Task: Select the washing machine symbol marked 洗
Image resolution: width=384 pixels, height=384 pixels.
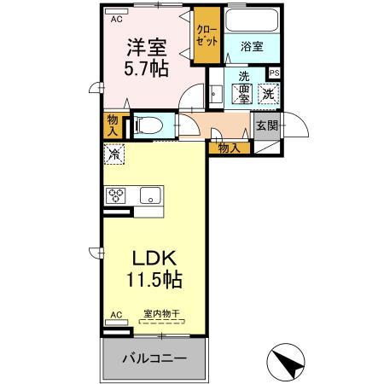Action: [x=268, y=95]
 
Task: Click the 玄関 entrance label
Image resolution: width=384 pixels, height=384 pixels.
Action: [x=266, y=126]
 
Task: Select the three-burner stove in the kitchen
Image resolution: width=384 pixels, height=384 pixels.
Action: [x=116, y=195]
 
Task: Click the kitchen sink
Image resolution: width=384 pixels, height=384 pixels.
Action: [x=150, y=195]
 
